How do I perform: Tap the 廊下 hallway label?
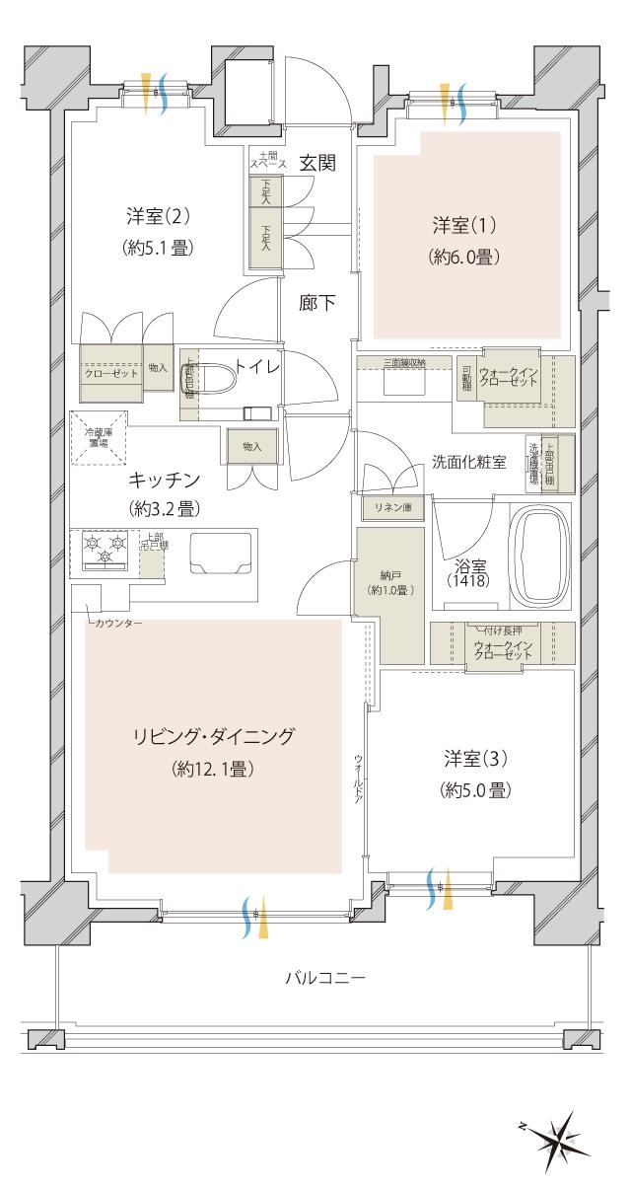316,303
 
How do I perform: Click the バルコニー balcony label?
325,979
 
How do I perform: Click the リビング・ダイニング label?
215,736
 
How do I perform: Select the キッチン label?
164,481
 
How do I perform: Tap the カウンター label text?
120,624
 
